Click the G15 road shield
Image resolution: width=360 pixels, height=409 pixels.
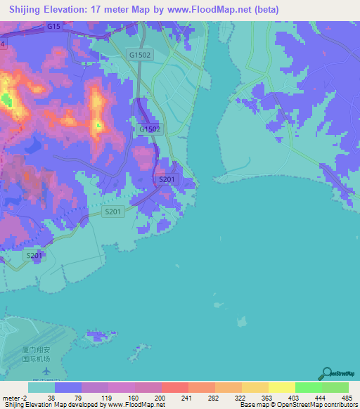54,26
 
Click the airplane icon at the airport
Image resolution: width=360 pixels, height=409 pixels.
46,370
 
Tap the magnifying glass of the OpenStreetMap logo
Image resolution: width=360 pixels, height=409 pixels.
326,372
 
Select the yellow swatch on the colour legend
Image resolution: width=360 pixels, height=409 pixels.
281,387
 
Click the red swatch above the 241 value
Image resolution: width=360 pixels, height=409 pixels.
174,387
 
